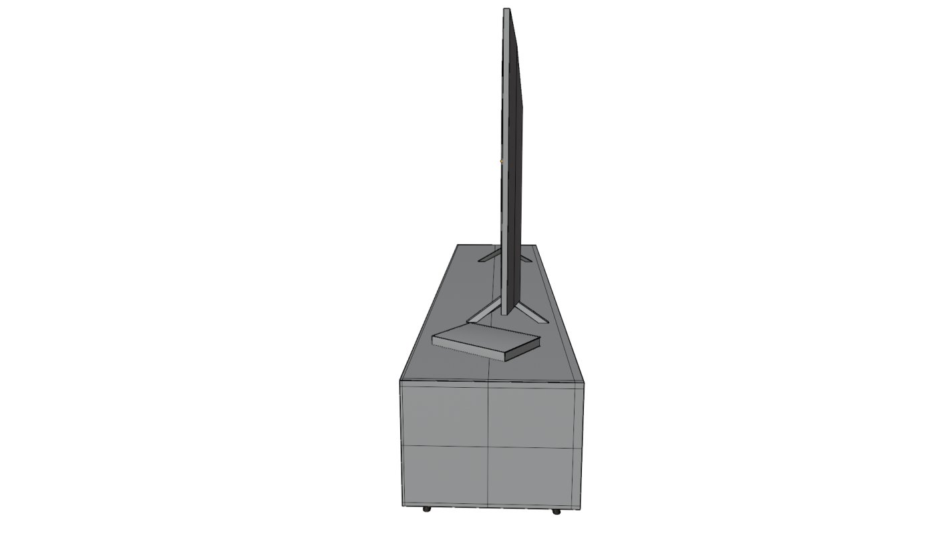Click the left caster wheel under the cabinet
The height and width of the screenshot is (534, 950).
(x=427, y=509)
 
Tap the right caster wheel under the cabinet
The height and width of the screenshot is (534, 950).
(x=557, y=511)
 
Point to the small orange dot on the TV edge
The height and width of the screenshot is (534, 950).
(x=501, y=161)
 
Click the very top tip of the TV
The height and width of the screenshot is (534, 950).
(x=507, y=9)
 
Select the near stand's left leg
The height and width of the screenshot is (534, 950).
(x=485, y=312)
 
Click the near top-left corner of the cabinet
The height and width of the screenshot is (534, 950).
(x=400, y=380)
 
